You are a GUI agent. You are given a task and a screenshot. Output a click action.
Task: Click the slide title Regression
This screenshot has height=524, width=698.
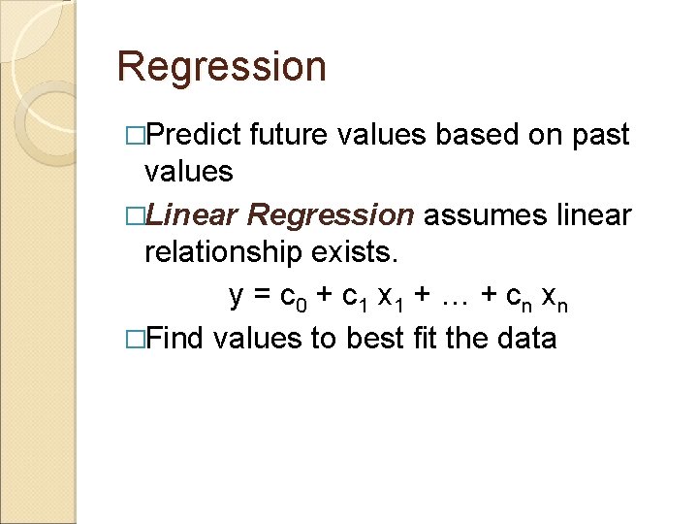tap(221, 68)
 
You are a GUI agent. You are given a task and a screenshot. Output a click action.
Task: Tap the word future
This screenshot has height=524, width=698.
tap(291, 135)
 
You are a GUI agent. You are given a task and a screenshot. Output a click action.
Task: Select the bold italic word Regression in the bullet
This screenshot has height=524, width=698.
tap(331, 214)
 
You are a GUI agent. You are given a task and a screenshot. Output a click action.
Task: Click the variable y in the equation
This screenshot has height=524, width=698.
tap(236, 296)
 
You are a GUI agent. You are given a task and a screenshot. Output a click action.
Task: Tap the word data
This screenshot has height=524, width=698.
tap(525, 338)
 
